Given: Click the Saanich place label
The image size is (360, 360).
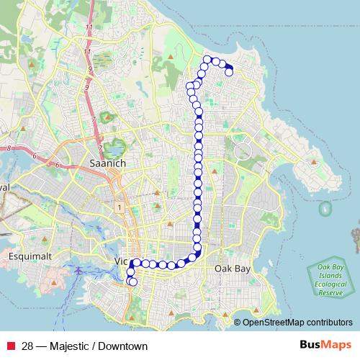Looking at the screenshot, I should point(106,163).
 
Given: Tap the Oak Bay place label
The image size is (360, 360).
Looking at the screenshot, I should point(232,268).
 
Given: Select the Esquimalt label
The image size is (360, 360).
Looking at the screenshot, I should point(27,256).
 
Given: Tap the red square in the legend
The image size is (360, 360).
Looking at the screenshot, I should point(10,346).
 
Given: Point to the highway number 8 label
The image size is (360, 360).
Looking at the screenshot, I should point(9,148).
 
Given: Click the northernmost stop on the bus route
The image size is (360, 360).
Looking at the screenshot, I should point(208,59).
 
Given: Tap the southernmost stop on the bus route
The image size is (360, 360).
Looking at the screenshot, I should point(132,282).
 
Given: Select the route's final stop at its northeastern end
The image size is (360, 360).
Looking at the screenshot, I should point(230,72).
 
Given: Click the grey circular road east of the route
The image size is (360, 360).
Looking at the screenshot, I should point(243,150).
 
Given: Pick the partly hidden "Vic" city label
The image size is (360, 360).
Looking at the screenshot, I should point(122,261).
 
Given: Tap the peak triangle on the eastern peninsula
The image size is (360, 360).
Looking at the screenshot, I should point(313,163).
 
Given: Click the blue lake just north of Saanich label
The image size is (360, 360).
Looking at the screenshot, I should point(113,148).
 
